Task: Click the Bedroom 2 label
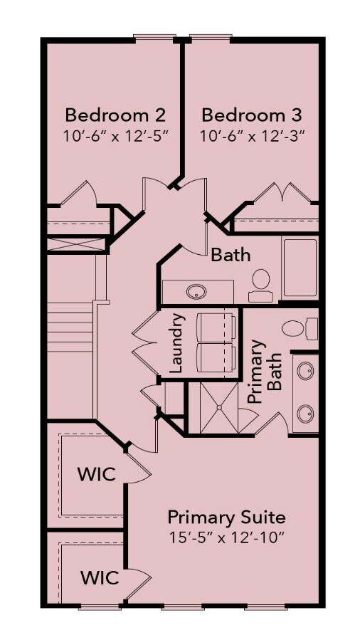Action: click(x=115, y=115)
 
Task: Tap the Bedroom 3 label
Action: click(x=251, y=115)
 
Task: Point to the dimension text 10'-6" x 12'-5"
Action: click(x=115, y=135)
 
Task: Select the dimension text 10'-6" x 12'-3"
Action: click(x=251, y=135)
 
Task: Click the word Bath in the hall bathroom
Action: click(x=231, y=253)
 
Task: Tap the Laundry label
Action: click(x=177, y=344)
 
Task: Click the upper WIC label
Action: click(x=96, y=475)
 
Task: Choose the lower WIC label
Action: click(x=99, y=578)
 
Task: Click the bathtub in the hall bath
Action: click(x=300, y=268)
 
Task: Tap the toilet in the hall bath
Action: click(x=261, y=281)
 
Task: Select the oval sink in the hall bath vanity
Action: click(x=196, y=291)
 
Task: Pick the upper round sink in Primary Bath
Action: click(x=305, y=372)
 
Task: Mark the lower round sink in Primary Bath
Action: click(x=305, y=412)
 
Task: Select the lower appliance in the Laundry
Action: click(x=216, y=358)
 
